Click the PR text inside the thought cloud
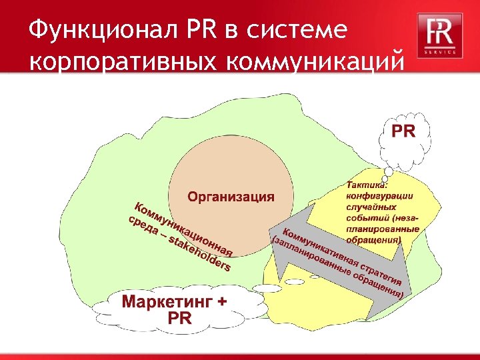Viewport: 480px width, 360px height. pos(403,131)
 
